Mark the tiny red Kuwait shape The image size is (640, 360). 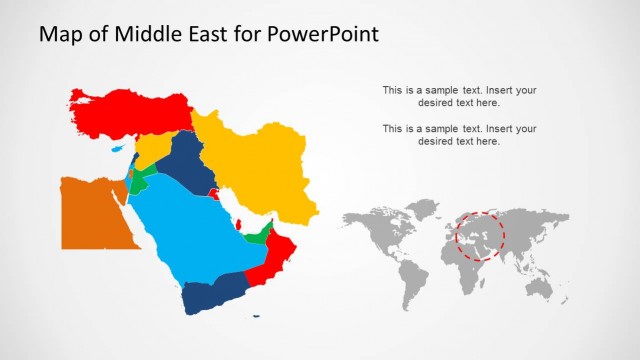tap(213, 192)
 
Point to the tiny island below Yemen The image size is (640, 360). tap(257, 318)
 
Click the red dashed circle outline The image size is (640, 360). tap(481, 212)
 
